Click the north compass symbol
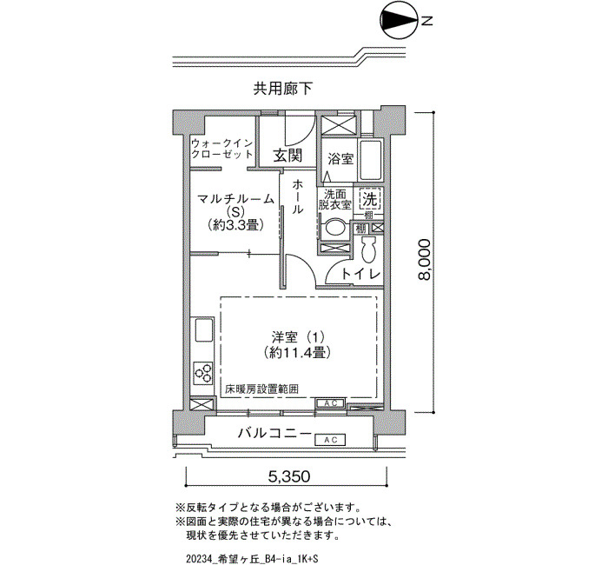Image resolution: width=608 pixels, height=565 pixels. point(400,22)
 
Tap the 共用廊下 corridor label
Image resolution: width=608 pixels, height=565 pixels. point(282,89)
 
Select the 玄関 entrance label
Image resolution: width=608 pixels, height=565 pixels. point(287,156)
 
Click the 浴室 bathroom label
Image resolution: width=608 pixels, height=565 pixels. point(340,159)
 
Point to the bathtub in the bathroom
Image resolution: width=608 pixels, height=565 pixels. point(371,160)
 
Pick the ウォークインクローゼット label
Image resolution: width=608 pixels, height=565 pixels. point(221,149)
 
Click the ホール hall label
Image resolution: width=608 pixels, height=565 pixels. point(297,196)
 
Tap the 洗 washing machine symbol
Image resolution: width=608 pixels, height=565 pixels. point(369,200)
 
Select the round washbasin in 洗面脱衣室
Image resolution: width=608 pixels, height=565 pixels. point(334,227)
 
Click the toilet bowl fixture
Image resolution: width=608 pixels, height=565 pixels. point(368,250)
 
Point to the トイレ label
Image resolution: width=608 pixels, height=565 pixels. point(360,274)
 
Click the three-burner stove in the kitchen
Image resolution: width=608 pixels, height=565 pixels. point(203,373)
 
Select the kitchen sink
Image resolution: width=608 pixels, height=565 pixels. point(203,329)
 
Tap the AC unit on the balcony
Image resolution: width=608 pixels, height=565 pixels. point(330,440)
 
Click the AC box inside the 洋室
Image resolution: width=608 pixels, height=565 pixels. point(330,403)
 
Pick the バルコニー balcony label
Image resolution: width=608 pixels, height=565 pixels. point(274,433)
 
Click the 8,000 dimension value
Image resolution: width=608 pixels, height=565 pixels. point(424,260)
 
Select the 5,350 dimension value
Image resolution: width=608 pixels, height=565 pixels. point(289,475)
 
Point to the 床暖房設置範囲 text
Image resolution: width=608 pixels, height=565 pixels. point(261,389)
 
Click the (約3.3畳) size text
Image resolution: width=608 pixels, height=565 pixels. point(235,224)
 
